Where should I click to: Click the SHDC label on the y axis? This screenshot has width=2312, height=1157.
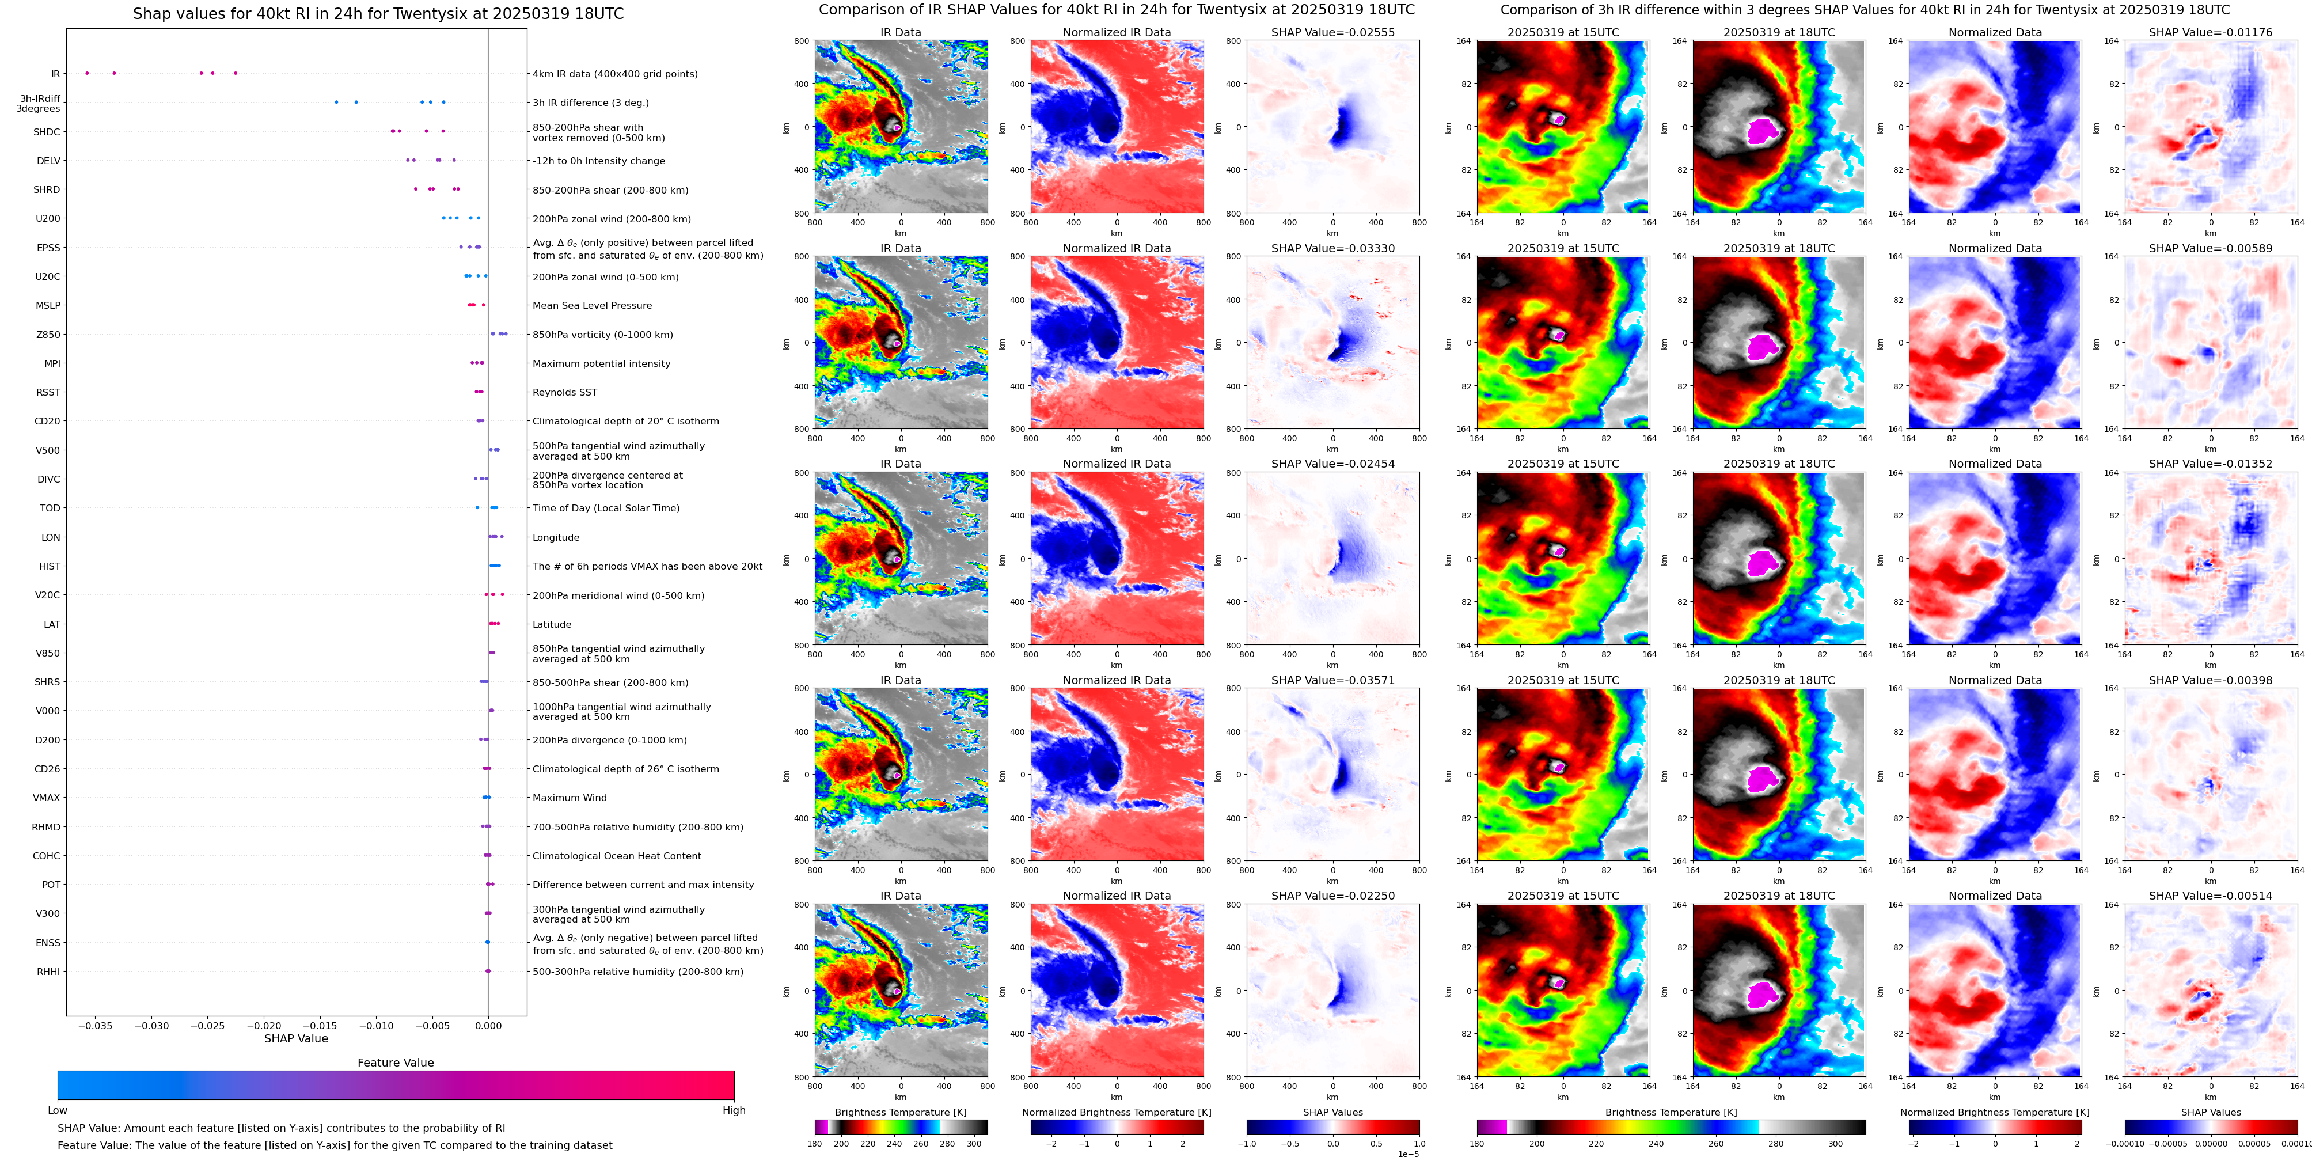pos(47,132)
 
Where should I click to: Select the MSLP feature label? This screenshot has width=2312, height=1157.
pos(48,305)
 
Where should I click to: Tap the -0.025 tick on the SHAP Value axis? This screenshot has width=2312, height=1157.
pos(208,1025)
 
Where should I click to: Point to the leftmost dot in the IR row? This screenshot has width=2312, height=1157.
pos(86,73)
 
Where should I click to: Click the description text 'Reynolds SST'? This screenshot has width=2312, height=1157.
pos(564,392)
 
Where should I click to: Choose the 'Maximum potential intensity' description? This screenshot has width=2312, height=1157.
pos(601,363)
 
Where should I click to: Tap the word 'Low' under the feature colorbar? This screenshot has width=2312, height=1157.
pos(58,1110)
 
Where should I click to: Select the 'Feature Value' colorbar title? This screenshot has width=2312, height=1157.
pos(395,1063)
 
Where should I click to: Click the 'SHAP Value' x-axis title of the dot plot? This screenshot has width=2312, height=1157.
pos(296,1038)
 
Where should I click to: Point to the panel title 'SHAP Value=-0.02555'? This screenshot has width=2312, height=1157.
pos(1333,32)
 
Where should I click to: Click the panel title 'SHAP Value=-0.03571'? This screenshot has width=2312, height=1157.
pos(1333,680)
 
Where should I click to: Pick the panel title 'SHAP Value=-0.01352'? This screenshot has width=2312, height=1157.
pos(2211,464)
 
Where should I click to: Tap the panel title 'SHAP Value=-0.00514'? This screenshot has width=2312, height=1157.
pos(2211,896)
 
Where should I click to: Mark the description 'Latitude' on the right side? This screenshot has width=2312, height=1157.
pos(552,625)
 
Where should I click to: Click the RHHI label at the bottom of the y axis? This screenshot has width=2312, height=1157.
pos(48,971)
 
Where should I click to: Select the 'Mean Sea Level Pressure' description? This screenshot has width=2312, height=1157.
pos(593,305)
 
